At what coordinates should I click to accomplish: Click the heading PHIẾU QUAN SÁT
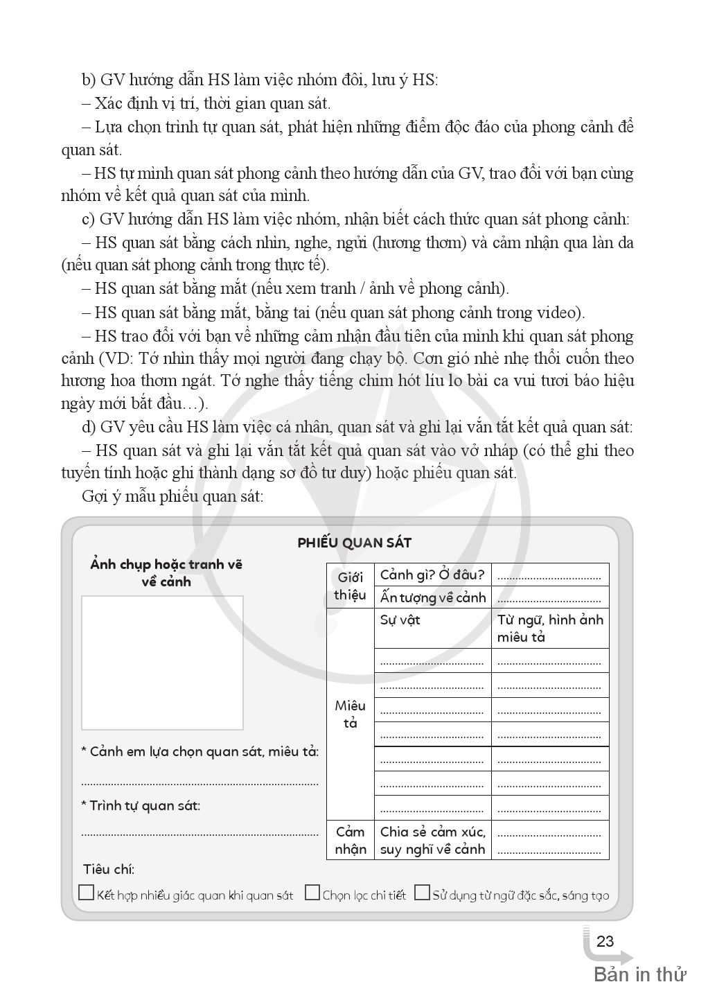tap(354, 543)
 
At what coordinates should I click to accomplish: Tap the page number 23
tap(605, 941)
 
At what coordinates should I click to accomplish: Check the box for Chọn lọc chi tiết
tap(312, 893)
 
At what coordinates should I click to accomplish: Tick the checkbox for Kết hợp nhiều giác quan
tap(86, 893)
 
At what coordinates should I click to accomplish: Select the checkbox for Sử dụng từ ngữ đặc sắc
tap(421, 893)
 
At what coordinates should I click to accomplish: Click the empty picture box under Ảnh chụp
tap(162, 662)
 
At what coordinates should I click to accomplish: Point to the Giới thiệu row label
tap(350, 586)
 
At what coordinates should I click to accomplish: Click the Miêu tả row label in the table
tap(350, 714)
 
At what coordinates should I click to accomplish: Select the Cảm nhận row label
tap(350, 840)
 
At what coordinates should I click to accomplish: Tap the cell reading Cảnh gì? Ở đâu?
tap(432, 575)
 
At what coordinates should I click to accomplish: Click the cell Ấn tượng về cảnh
tap(432, 597)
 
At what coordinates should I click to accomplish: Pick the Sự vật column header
tap(400, 620)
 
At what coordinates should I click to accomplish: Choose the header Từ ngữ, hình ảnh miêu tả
tap(550, 628)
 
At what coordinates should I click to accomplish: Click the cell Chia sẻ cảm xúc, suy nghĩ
tap(432, 840)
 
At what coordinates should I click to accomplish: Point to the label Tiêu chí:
tap(109, 869)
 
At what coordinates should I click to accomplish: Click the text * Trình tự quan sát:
tap(141, 805)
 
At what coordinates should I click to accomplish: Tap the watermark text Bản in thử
tap(639, 974)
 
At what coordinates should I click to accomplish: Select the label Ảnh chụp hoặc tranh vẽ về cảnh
tap(166, 572)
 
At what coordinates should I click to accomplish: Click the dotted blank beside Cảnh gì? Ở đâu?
tap(549, 576)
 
